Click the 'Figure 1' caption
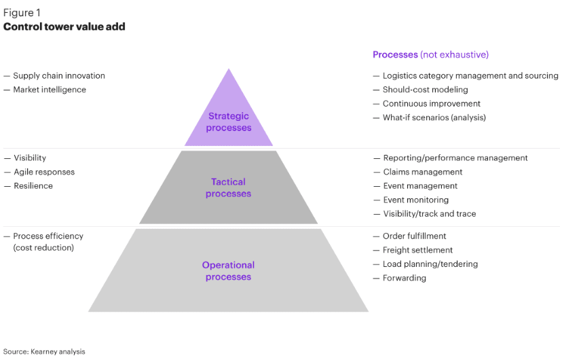[x=22, y=13]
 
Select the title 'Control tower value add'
[x=64, y=26]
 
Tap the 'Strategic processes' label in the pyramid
[x=229, y=122]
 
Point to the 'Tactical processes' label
[x=228, y=188]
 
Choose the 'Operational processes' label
[x=228, y=271]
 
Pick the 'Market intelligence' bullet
[x=50, y=90]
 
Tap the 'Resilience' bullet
[x=33, y=186]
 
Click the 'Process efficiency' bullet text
[x=48, y=236]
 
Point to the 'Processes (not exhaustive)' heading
[x=430, y=54]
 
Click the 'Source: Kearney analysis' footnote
[x=44, y=352]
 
